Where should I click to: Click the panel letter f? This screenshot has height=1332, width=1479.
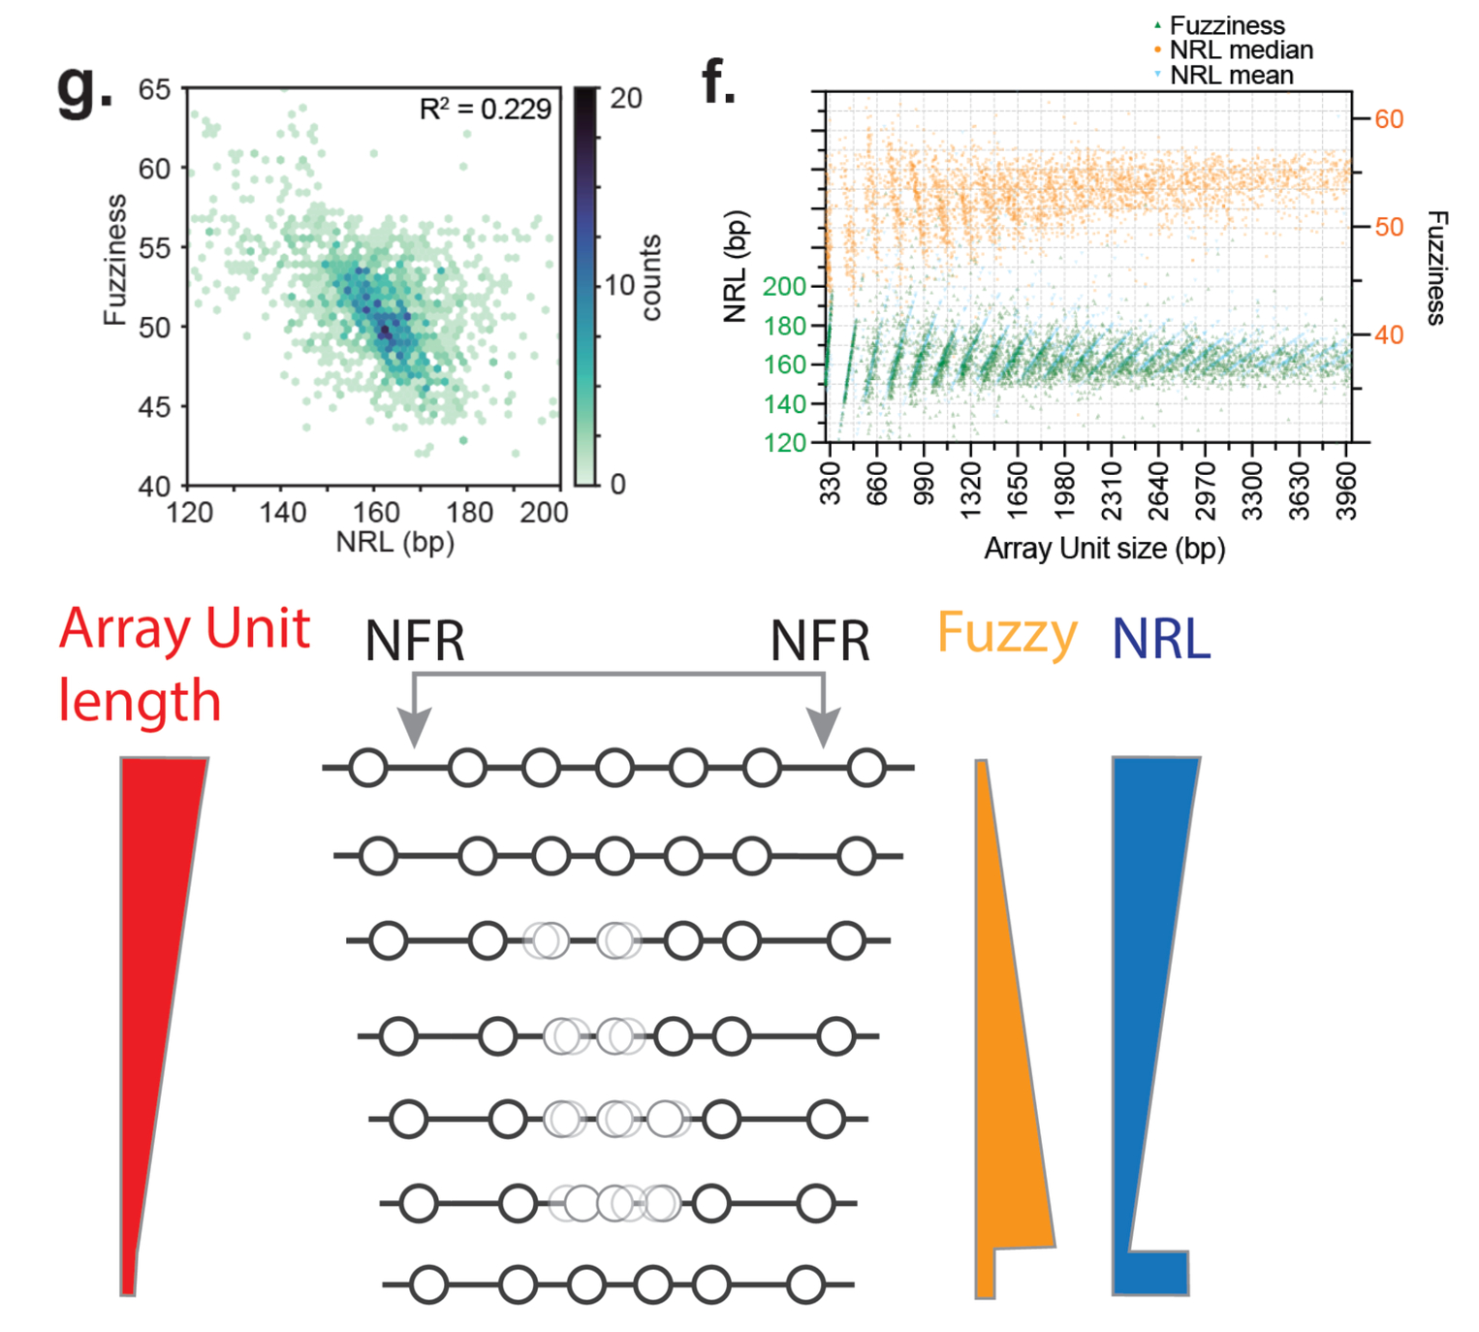click(x=718, y=81)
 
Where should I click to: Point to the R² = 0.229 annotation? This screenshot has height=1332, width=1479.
click(x=485, y=110)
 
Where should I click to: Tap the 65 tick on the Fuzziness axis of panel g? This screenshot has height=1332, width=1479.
click(x=154, y=90)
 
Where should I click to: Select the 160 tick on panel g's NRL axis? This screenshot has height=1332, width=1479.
click(x=376, y=512)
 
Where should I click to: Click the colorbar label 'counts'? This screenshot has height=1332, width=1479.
click(x=651, y=277)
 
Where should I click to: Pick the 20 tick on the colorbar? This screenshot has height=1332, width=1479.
click(x=626, y=98)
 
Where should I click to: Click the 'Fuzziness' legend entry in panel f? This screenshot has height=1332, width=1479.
click(x=1226, y=25)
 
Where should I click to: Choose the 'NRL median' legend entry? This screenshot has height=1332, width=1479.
click(x=1241, y=50)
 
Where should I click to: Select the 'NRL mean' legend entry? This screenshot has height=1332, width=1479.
click(x=1231, y=76)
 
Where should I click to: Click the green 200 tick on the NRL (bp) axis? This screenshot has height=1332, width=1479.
click(x=784, y=287)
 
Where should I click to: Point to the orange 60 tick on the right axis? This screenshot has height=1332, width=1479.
click(x=1389, y=119)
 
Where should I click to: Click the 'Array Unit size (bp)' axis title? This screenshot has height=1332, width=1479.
click(x=1104, y=549)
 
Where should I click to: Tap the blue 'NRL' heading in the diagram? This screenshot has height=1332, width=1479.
click(x=1160, y=640)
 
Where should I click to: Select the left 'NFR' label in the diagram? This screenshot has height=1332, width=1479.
click(x=415, y=641)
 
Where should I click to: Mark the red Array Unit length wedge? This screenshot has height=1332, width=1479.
click(x=155, y=969)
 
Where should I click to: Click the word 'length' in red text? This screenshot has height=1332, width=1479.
click(x=140, y=701)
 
